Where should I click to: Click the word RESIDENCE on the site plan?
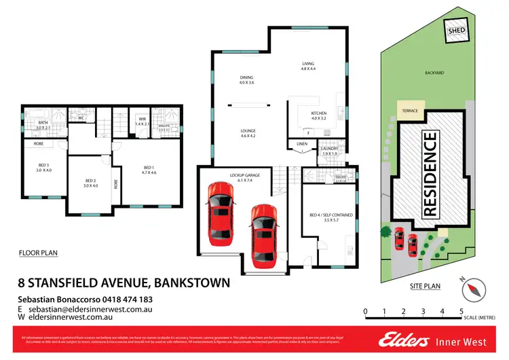click(430, 174)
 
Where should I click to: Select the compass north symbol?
click(470, 289)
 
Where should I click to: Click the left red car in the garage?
click(221, 205)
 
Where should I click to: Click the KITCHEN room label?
click(319, 115)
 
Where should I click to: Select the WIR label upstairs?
click(141, 120)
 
